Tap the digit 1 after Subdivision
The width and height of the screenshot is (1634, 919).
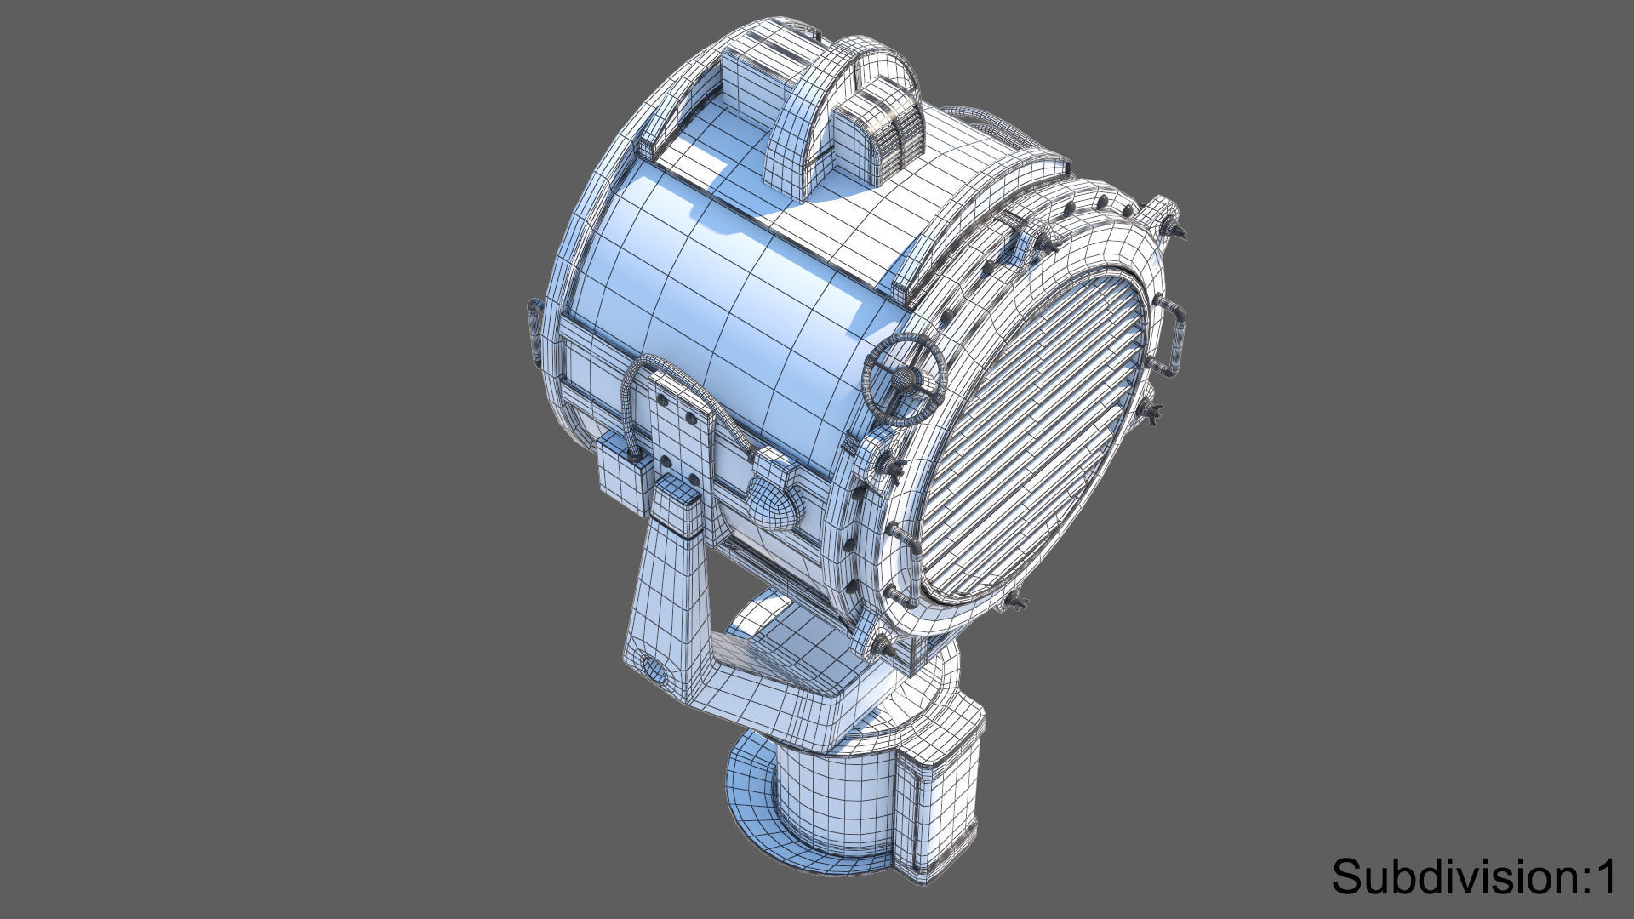(x=1605, y=876)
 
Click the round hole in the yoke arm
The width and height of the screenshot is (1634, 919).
(x=654, y=669)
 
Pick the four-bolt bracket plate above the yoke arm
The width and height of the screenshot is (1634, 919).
(x=681, y=434)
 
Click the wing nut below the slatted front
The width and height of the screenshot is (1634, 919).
(x=1015, y=602)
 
